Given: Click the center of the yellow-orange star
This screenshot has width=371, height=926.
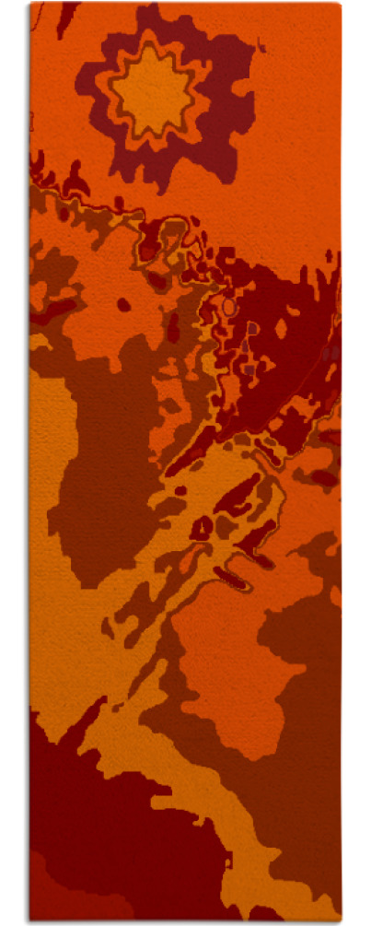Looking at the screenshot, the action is (153, 90).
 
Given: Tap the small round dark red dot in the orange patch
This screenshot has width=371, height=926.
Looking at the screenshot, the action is (122, 304).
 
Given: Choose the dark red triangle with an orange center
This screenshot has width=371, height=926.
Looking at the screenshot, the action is (201, 528).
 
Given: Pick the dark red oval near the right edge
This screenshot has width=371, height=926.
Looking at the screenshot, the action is (323, 477).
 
